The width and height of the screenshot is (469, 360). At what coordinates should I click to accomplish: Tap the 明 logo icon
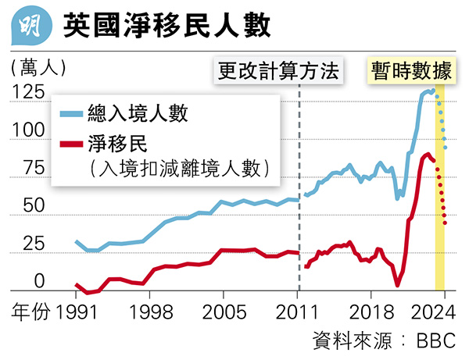(29, 25)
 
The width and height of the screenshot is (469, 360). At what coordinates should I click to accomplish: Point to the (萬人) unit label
(38, 66)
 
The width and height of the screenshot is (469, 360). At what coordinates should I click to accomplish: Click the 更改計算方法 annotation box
(279, 72)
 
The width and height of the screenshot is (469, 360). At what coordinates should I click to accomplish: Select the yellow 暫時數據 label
(412, 72)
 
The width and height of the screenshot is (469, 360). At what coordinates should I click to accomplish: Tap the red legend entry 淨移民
(124, 144)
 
